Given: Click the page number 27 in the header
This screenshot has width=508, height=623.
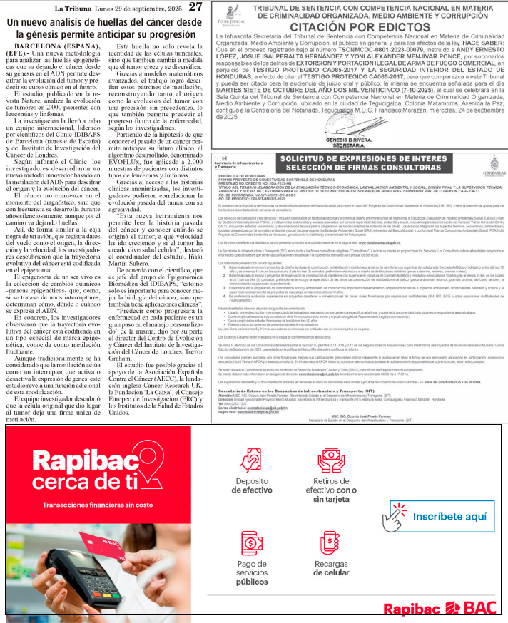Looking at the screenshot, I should point(195,7).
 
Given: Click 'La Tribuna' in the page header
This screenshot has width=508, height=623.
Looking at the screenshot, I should point(73,7).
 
